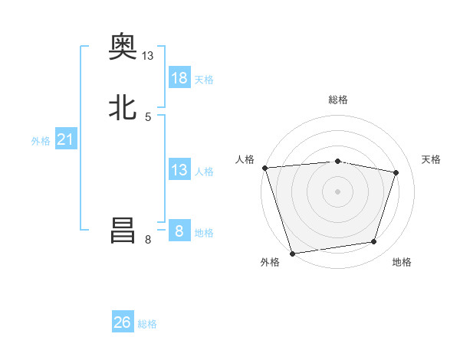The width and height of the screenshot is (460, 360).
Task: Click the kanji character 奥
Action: (123, 47)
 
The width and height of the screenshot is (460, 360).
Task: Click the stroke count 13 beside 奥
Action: (148, 56)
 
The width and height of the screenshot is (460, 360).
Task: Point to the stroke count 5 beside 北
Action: (148, 117)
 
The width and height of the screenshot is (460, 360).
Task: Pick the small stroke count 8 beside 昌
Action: (148, 240)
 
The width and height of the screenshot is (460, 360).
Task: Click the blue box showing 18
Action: (179, 77)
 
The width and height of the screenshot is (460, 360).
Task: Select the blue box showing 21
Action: (66, 139)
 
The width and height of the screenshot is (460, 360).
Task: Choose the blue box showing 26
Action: (123, 322)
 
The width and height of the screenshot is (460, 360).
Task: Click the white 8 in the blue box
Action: (179, 231)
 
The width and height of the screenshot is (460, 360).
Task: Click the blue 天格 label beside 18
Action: (204, 80)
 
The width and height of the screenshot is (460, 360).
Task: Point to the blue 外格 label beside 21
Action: (41, 141)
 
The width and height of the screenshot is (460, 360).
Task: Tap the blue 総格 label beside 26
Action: (147, 324)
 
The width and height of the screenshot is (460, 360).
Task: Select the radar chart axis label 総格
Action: (338, 100)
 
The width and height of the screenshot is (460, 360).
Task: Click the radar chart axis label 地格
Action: (402, 262)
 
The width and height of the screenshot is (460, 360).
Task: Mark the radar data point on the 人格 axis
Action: (264, 167)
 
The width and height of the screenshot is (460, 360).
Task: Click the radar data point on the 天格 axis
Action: (396, 172)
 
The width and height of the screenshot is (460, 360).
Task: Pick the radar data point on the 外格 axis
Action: (292, 253)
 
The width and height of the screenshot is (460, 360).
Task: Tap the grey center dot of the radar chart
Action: (337, 191)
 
